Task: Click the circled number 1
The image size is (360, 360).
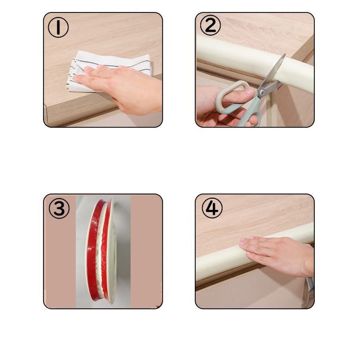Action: coord(58,28)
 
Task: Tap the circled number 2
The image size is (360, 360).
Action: coord(210,25)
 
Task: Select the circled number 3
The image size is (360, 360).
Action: coord(59,208)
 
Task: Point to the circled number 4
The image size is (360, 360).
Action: coord(212,208)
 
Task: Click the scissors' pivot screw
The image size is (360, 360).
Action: coord(261,92)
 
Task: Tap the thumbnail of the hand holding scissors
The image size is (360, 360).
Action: coord(250,92)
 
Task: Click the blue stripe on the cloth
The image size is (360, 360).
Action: coord(115,66)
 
